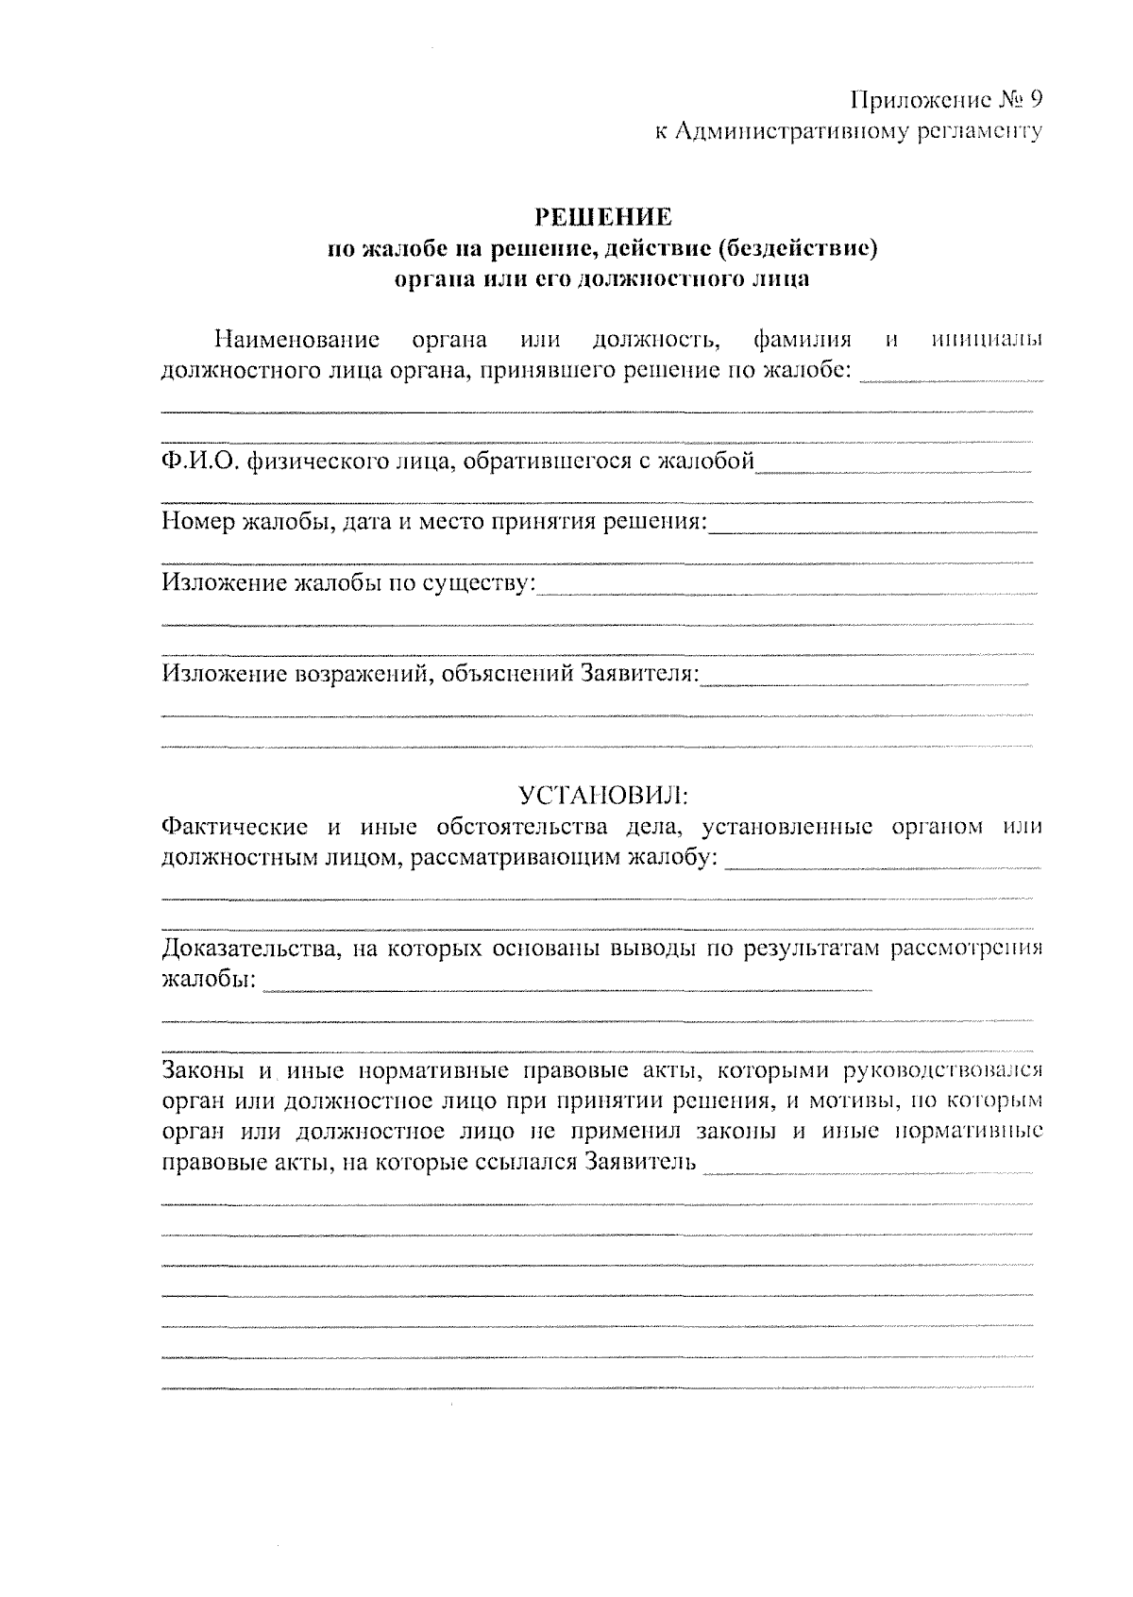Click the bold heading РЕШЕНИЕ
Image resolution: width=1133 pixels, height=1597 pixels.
tap(604, 217)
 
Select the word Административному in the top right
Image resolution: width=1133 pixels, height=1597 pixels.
tap(796, 131)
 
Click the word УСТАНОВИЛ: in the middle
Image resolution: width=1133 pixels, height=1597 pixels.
tap(604, 793)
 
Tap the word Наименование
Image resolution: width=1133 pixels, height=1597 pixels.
tap(297, 340)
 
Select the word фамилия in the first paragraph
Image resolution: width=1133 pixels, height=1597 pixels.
tap(803, 340)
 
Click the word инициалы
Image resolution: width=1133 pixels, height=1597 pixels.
tap(987, 340)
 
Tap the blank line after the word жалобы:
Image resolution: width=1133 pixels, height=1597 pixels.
tap(566, 987)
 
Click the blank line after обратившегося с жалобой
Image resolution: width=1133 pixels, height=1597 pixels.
tap(892, 469)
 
